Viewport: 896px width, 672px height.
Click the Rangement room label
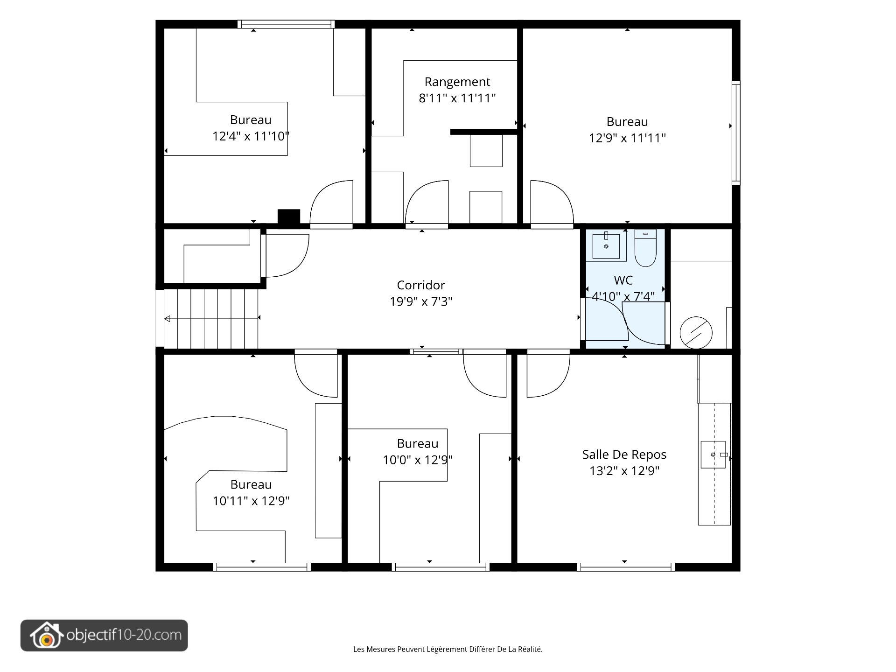pos(457,82)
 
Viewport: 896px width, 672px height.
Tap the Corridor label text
pos(421,285)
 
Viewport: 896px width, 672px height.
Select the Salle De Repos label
pos(624,455)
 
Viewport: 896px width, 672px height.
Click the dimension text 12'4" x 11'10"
pos(251,136)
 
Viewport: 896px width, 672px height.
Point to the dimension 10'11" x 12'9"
pos(251,501)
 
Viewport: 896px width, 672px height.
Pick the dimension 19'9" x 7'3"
pos(421,301)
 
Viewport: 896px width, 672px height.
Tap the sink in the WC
pos(606,246)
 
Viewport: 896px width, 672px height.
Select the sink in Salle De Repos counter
pos(714,455)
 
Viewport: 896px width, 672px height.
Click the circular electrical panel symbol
pos(696,333)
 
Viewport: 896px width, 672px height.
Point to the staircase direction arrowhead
pos(167,319)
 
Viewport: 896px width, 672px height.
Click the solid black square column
pos(289,217)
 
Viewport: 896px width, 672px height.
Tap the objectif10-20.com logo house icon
pos(46,635)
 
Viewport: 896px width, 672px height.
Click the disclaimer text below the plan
pos(448,649)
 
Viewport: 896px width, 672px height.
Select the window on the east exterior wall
pos(736,133)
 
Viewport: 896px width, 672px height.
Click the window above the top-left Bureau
pos(286,24)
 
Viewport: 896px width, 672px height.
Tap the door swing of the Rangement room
pos(427,203)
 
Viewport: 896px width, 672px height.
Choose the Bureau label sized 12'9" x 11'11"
pos(627,122)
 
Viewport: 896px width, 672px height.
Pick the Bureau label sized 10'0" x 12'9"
pos(418,444)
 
